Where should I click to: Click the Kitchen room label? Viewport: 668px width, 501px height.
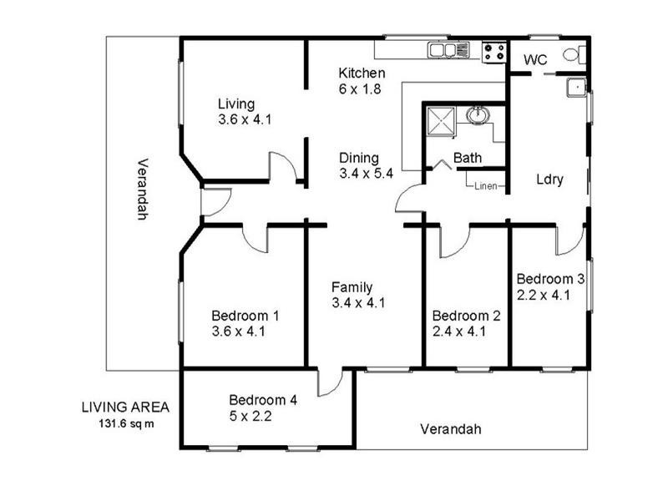362,73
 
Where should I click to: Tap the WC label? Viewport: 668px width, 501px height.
534,59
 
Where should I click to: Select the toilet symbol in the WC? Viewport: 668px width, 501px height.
573,56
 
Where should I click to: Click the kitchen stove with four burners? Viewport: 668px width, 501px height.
493,51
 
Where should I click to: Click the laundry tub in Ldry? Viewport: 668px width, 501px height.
575,86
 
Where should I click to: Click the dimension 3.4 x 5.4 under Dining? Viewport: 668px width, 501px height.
366,174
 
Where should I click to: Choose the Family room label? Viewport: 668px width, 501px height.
352,287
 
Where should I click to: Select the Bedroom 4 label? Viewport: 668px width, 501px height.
262,399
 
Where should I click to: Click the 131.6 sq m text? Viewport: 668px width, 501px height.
125,423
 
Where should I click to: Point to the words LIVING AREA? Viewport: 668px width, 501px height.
125,407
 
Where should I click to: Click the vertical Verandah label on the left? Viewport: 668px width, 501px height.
142,189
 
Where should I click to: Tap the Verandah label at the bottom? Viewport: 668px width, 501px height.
451,429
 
